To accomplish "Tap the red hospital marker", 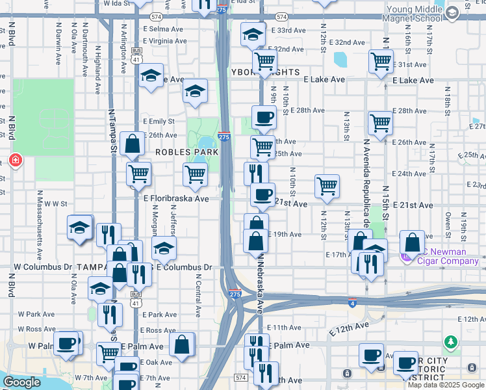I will pos(16,160).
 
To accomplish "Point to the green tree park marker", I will pos(450,341).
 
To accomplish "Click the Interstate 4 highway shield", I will pos(352,302).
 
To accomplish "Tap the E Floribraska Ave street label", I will pos(176,199).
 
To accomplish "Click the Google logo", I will pos(21,382).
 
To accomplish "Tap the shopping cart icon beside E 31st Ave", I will pos(381,61).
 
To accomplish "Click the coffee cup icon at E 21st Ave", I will pos(262,194).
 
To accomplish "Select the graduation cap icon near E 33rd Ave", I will pos(252,34).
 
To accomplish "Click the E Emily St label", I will pos(159,122).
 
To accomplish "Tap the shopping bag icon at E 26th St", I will pos(133,144).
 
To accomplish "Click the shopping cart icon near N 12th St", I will pos(327,186).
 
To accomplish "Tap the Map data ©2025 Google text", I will pos(445,385).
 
